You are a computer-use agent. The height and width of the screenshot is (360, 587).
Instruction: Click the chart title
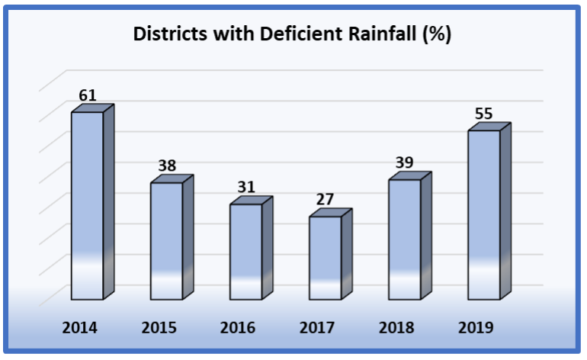coord(293,35)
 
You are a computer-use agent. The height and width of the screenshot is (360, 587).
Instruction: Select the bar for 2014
coord(87,206)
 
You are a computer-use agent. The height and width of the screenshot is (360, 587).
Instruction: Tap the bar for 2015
coord(166,241)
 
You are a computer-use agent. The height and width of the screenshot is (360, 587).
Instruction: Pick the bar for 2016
coord(245,252)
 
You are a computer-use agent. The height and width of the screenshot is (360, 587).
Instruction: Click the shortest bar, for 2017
coord(325,258)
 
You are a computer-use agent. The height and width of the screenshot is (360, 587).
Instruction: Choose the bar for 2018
coord(404,239)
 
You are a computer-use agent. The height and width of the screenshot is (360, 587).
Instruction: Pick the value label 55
coord(484,114)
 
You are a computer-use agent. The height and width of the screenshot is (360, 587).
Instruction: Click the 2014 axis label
coord(79,328)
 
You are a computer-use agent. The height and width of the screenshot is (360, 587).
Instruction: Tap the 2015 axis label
coord(159,328)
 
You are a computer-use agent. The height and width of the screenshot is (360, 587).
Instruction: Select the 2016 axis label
coord(238,328)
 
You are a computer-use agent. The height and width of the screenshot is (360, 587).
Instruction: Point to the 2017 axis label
coord(317,328)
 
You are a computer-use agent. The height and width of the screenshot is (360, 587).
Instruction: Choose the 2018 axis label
coord(396,328)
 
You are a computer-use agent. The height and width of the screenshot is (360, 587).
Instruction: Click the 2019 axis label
coord(476,328)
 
